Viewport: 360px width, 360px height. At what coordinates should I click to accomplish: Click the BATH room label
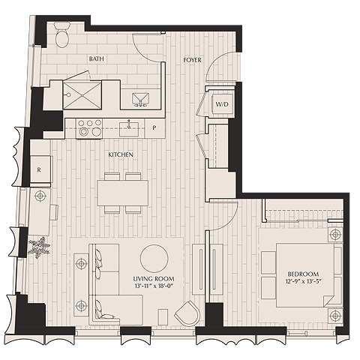point(97,59)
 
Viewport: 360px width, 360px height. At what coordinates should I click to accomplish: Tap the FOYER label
point(192,60)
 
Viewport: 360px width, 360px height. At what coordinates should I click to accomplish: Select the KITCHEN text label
point(121,154)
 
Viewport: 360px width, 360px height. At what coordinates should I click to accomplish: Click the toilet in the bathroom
point(61,34)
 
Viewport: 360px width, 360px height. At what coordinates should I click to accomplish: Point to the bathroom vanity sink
point(140,99)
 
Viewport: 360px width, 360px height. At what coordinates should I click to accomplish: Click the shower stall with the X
point(82,95)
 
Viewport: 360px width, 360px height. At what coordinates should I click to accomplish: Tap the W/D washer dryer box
point(222,104)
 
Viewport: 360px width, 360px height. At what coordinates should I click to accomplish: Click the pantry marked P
point(154,128)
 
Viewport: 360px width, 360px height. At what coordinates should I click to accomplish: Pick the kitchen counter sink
point(129,129)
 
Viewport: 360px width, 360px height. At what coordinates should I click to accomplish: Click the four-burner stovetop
point(89,129)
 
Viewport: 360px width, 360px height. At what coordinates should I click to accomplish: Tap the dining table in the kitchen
point(122,193)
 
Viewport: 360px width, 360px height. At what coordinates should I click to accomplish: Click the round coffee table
point(154,259)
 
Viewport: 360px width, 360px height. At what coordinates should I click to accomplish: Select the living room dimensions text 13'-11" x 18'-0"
point(154,286)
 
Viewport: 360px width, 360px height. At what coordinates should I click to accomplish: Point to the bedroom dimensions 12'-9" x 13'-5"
point(303,281)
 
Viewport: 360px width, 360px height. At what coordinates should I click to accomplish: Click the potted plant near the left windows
point(39,247)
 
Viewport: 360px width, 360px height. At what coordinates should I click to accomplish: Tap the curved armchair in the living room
point(187,313)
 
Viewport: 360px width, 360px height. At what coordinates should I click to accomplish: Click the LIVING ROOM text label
point(154,279)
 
